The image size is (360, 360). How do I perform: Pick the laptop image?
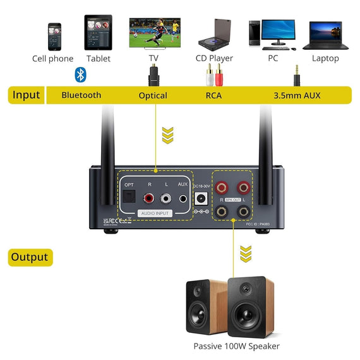[x=326, y=36]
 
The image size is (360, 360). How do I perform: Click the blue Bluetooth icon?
[x=80, y=75]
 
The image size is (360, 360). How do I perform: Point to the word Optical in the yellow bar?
[x=153, y=95]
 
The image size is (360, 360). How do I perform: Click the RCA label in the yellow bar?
[x=213, y=95]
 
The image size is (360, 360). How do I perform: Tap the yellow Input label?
[x=26, y=95]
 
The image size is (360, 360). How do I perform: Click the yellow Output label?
[x=30, y=257]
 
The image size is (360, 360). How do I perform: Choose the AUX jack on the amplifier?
[x=183, y=198]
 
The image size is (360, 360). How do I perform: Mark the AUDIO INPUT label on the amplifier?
[x=155, y=213]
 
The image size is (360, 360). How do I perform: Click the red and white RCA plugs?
[x=214, y=78]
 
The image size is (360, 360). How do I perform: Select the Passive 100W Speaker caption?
[x=236, y=346]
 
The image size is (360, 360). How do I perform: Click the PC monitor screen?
[x=278, y=31]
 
